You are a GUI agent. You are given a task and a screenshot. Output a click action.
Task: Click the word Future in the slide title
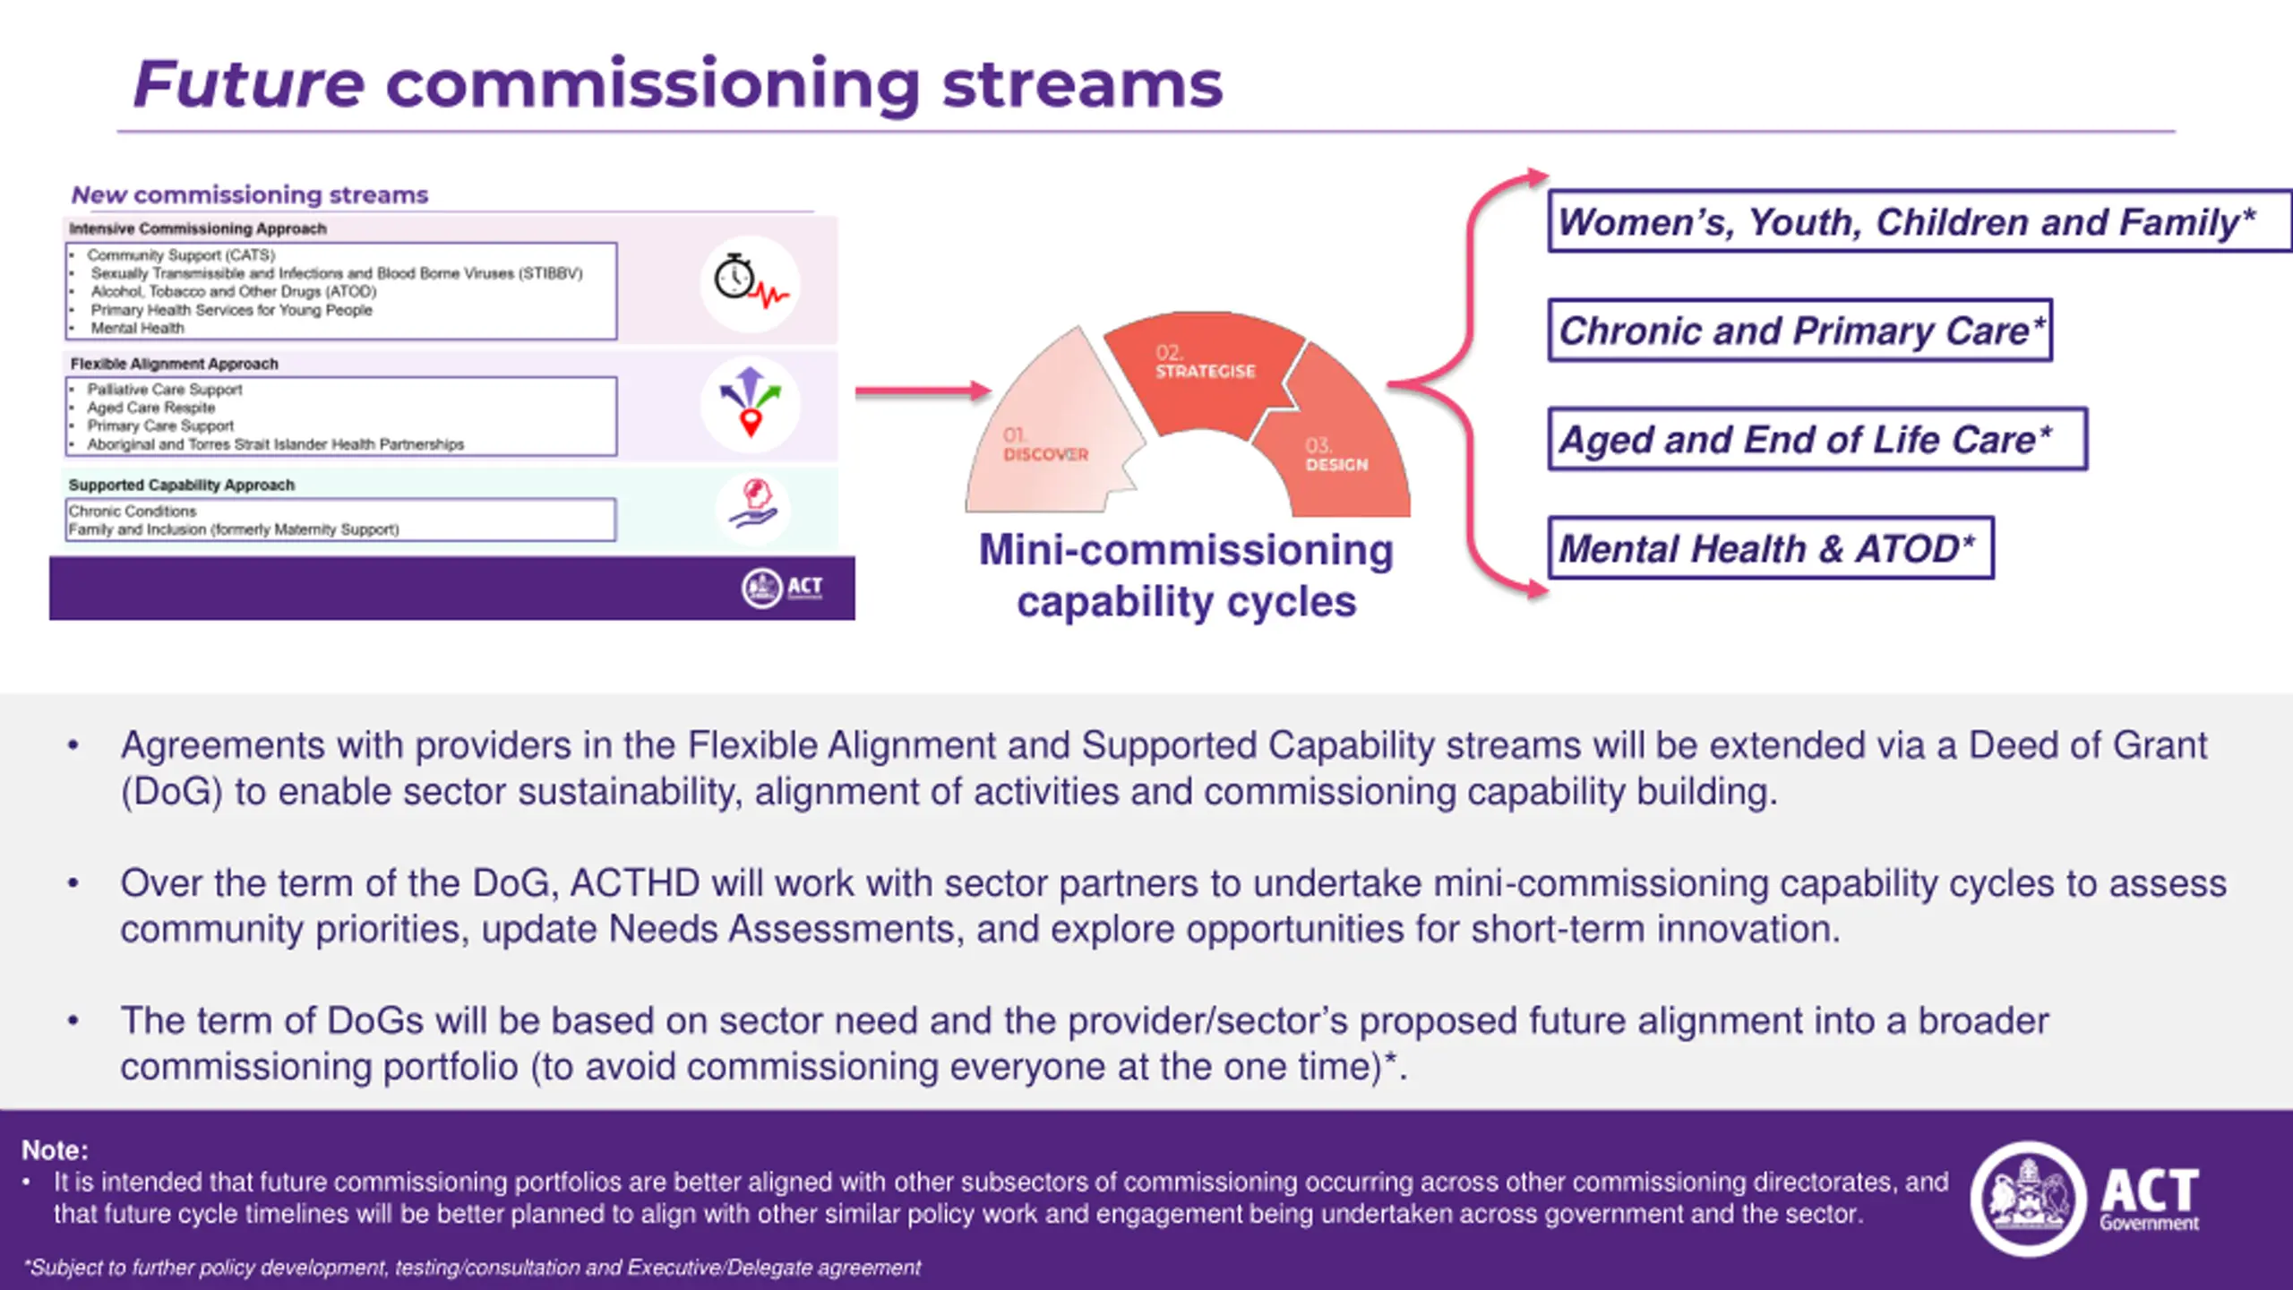click(249, 84)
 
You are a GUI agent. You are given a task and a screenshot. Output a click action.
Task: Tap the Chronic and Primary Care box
click(1800, 331)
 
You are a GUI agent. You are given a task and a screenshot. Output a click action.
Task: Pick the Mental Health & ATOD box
click(1770, 548)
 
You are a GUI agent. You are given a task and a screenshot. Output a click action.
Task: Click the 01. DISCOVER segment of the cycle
click(1048, 439)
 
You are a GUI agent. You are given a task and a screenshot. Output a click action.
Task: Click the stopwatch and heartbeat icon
click(751, 284)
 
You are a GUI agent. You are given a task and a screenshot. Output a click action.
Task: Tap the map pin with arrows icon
click(751, 404)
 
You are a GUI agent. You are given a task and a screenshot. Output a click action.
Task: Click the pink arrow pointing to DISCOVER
click(923, 391)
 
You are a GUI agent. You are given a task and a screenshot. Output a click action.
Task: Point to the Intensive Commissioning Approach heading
click(198, 228)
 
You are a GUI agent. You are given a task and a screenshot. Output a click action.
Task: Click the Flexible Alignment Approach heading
click(175, 364)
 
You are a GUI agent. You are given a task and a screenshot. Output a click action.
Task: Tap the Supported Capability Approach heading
click(182, 485)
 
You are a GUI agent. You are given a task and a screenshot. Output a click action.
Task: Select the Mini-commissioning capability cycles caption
click(1186, 575)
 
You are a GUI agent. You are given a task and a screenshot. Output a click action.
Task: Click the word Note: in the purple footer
click(55, 1150)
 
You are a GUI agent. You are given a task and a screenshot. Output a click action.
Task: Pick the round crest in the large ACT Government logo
click(2028, 1199)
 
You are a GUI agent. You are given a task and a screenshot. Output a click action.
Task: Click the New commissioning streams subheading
click(250, 194)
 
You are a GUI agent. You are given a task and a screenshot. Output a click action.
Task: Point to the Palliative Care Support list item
click(165, 390)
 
